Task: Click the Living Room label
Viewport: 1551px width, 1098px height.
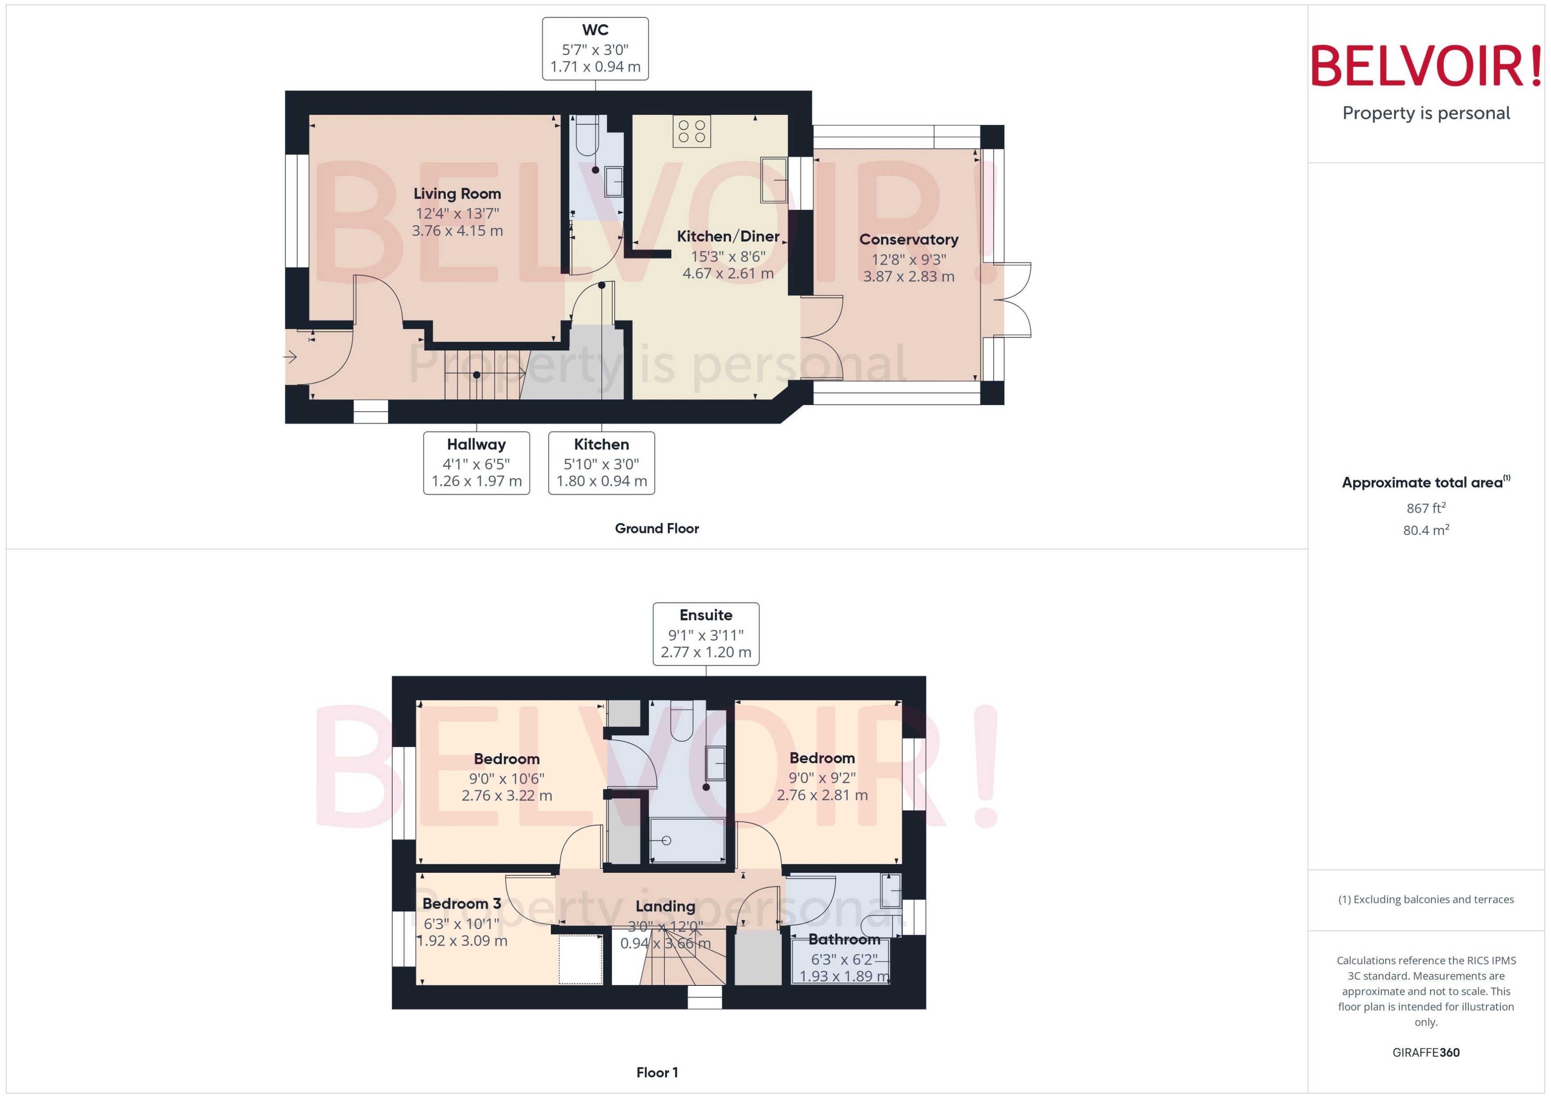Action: click(457, 194)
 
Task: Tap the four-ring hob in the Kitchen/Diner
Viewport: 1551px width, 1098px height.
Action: click(691, 131)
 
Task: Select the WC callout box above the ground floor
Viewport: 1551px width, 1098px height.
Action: click(595, 49)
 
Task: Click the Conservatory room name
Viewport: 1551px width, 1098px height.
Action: click(908, 239)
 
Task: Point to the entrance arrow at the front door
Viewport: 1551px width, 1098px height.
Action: click(291, 356)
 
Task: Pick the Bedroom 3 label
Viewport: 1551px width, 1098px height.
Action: click(462, 903)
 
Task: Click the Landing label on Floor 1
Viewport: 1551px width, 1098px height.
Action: click(665, 906)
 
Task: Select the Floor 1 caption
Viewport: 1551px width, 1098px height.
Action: click(656, 1072)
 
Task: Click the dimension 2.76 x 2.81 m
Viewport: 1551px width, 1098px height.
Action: click(822, 795)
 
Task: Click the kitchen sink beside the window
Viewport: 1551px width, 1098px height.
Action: click(773, 180)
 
